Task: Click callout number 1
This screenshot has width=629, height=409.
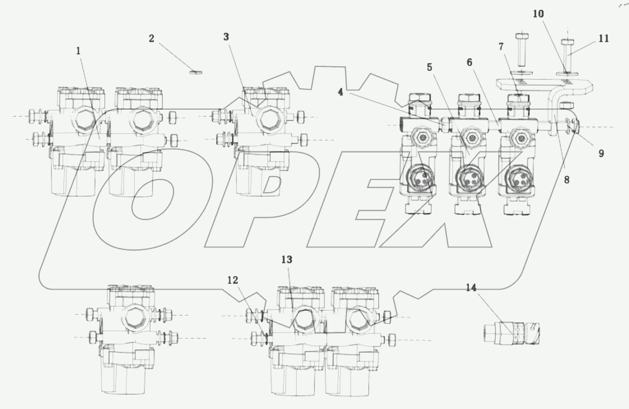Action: click(x=78, y=51)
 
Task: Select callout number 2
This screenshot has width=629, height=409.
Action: click(x=151, y=39)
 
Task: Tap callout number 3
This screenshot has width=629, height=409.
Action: click(x=226, y=37)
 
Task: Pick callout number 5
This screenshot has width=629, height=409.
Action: click(x=430, y=67)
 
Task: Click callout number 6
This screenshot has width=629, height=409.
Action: click(x=469, y=62)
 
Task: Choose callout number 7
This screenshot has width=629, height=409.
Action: click(x=501, y=47)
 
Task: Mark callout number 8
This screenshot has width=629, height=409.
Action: click(x=567, y=180)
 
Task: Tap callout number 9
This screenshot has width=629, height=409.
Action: click(x=601, y=154)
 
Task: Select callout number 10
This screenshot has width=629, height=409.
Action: click(x=538, y=14)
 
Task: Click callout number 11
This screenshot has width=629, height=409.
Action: click(x=604, y=39)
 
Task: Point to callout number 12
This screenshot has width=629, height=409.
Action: click(x=233, y=280)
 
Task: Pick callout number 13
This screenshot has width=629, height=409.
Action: click(x=287, y=260)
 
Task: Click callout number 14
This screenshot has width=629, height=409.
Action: click(x=471, y=288)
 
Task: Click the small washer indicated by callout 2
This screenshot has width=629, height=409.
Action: click(x=196, y=73)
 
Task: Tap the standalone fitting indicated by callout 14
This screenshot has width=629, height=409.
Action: click(x=512, y=333)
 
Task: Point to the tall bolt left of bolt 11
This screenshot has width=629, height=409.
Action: click(x=521, y=49)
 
